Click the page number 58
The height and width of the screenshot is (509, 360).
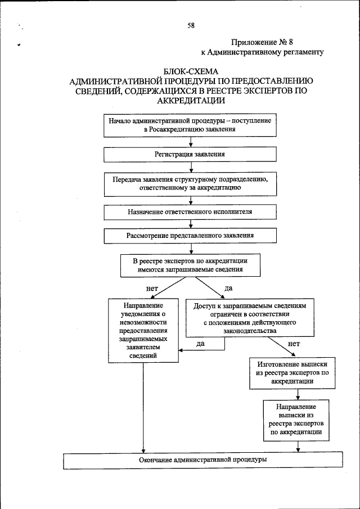pos(191,25)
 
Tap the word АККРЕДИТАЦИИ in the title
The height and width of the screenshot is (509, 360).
pos(191,101)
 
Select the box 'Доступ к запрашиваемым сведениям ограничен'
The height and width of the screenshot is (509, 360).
pos(250,318)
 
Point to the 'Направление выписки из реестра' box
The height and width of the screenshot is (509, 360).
pos(296,420)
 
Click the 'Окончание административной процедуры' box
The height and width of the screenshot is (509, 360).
pos(202,460)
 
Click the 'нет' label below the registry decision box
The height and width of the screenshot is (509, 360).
pos(151,288)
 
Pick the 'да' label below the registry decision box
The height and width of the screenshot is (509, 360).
pos(228,288)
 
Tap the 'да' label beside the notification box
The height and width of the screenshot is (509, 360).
pos(200,343)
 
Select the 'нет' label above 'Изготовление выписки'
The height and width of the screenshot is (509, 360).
pos(294,343)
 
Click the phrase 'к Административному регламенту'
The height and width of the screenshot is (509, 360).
pos(262,52)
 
